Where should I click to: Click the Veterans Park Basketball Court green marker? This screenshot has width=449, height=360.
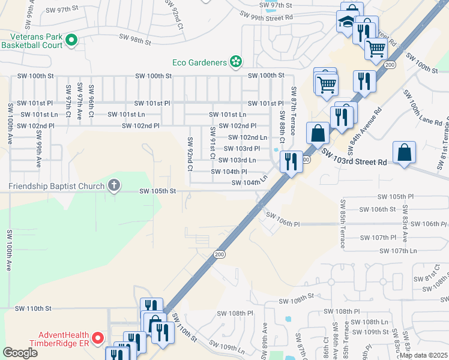(71, 40)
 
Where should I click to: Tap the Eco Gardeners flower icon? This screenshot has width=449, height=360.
(236, 62)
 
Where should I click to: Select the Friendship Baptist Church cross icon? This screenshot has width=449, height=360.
(113, 185)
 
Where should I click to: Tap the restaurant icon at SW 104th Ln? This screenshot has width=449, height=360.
(291, 161)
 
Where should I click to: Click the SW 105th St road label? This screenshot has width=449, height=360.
(157, 191)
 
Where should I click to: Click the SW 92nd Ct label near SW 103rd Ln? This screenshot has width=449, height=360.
(189, 154)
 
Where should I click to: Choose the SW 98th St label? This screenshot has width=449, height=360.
(134, 41)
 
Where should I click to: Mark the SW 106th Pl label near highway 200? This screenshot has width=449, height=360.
(283, 220)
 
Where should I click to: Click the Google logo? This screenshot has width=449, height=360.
(20, 353)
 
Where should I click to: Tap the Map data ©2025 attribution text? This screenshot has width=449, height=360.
(423, 355)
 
